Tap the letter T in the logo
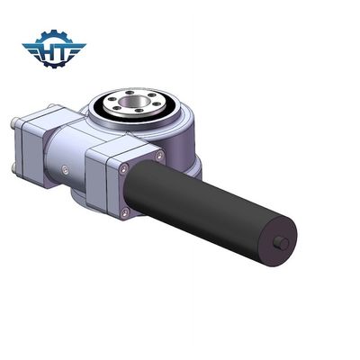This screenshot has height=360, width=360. [x=61, y=53]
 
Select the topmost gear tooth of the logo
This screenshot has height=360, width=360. [x=54, y=31]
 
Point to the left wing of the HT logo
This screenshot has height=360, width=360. [x=32, y=49]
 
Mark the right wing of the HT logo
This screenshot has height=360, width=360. [x=76, y=49]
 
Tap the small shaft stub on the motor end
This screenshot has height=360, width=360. [x=281, y=243]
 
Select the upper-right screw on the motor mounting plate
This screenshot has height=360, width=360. [x=159, y=156]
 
